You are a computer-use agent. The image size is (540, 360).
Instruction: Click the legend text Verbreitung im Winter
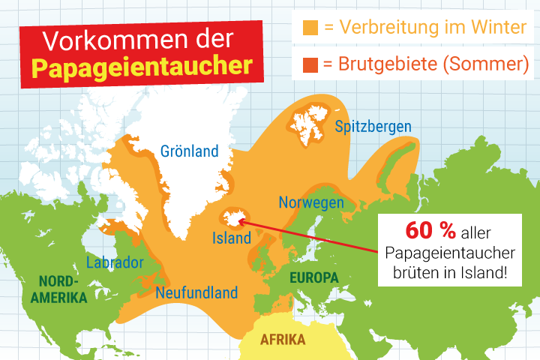426,28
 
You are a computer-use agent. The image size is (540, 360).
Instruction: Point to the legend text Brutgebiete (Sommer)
426,64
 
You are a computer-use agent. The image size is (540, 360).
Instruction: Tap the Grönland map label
190,151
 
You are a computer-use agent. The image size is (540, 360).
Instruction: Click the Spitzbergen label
373,126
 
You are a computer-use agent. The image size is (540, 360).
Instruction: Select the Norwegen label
311,202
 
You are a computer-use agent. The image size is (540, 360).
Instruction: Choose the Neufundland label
196,292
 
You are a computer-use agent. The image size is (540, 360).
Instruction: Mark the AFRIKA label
283,340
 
